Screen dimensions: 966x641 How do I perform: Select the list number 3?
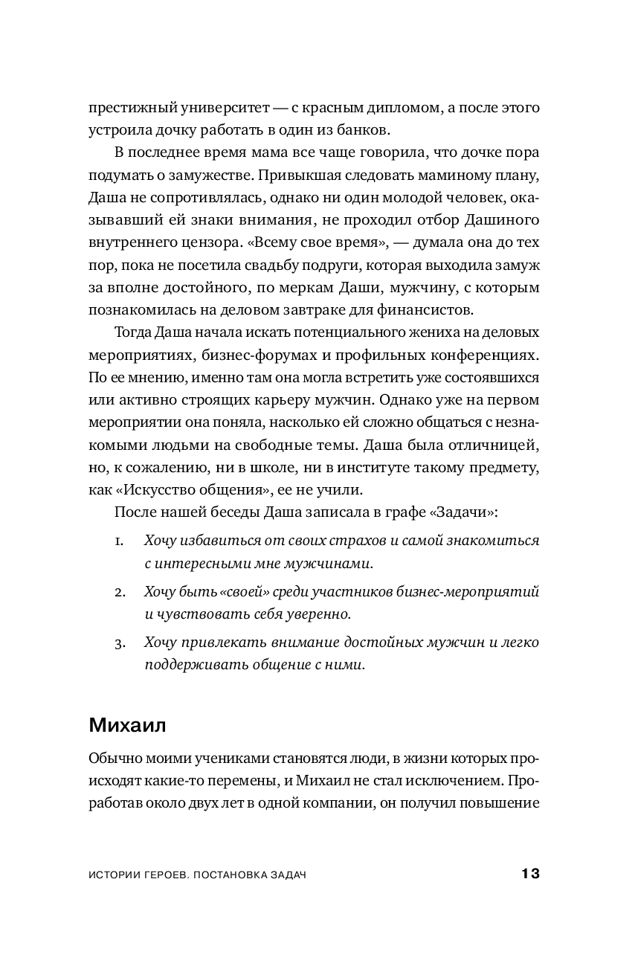click(x=119, y=642)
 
